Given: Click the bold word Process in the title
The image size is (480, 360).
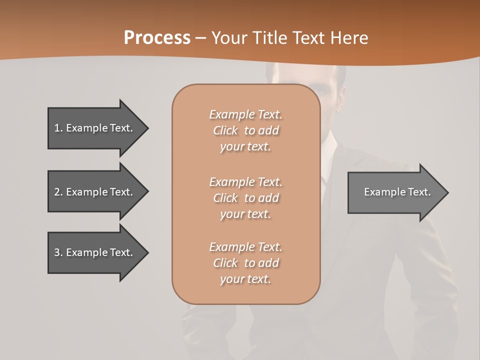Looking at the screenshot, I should pyautogui.click(x=157, y=38).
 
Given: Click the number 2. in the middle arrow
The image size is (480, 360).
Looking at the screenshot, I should pyautogui.click(x=58, y=192).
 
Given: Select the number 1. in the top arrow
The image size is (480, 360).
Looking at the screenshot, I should pyautogui.click(x=58, y=128).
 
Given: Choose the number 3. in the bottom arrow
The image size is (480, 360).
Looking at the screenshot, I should pyautogui.click(x=58, y=252).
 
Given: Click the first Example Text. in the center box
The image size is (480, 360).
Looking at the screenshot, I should pyautogui.click(x=245, y=114).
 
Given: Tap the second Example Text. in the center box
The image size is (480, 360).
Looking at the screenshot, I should pyautogui.click(x=245, y=182).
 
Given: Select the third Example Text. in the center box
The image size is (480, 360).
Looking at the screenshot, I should pyautogui.click(x=245, y=247).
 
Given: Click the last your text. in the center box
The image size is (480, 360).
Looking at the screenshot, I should pyautogui.click(x=245, y=279).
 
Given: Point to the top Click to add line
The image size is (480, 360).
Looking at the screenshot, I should pyautogui.click(x=245, y=130).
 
